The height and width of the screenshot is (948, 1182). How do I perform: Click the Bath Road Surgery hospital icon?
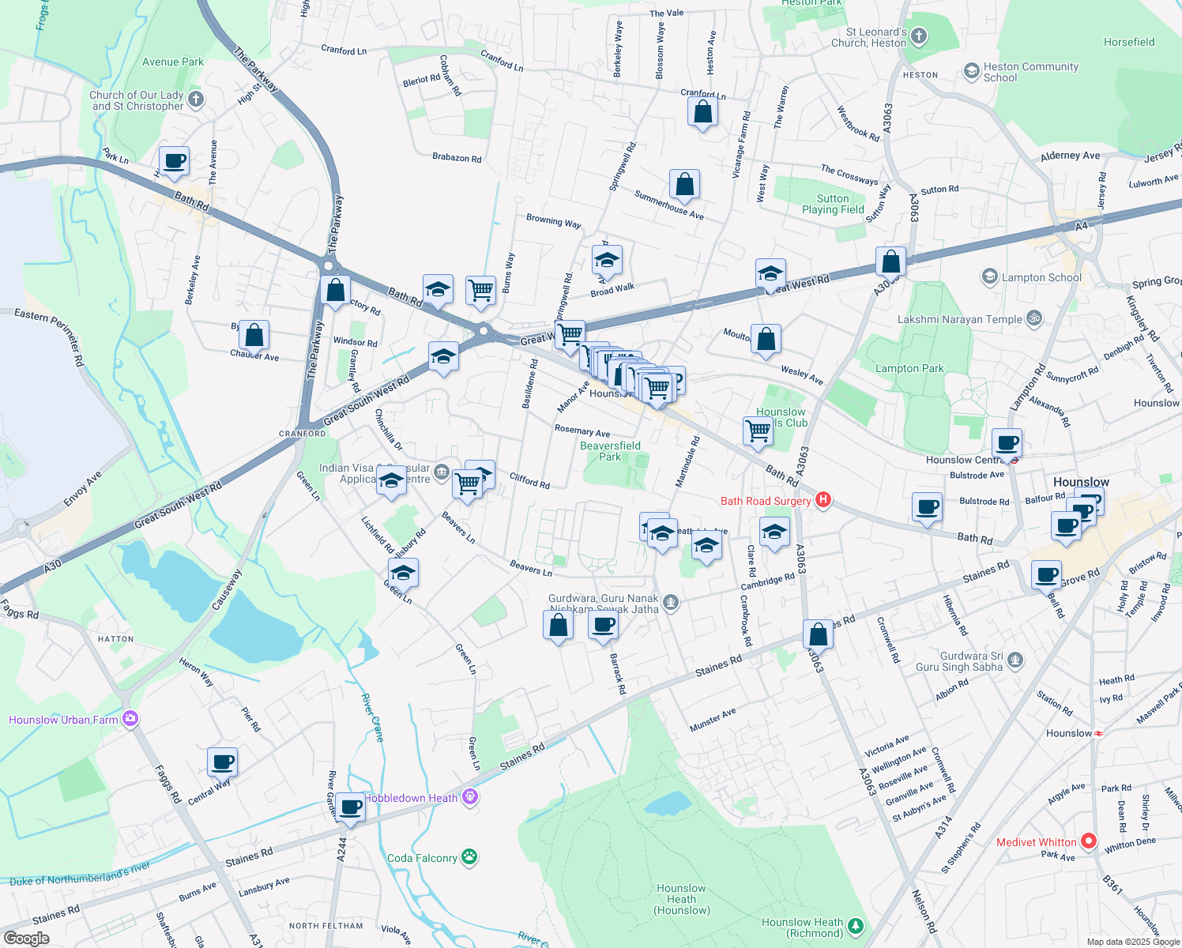(x=823, y=500)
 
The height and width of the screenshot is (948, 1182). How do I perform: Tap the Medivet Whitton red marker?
(x=1089, y=841)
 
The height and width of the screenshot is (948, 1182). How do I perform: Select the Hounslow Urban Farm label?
(x=63, y=720)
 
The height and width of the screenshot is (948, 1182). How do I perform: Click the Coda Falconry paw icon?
(x=469, y=857)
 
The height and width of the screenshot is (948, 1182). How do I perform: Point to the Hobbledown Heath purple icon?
(x=470, y=797)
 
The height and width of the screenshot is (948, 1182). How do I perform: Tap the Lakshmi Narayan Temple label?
(x=960, y=319)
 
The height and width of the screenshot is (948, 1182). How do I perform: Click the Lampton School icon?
(x=989, y=277)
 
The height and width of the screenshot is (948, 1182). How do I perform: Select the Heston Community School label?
(x=1030, y=72)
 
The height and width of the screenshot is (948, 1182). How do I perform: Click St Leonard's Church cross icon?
(x=918, y=36)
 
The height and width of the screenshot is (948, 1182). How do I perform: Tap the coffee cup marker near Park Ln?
(x=175, y=161)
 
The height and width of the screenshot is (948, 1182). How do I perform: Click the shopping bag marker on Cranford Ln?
(x=702, y=112)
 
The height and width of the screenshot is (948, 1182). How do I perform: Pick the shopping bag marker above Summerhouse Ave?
(x=684, y=184)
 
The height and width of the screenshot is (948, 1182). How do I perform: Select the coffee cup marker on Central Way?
(x=223, y=762)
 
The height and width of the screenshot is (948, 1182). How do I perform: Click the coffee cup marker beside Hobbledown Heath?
(x=350, y=807)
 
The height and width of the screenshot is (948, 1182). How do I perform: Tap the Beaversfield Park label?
(x=610, y=451)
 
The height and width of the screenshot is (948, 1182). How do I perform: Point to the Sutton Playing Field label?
(x=833, y=204)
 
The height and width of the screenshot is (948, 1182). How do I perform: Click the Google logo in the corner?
(x=26, y=939)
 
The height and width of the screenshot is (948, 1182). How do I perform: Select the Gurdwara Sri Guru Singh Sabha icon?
(x=1016, y=660)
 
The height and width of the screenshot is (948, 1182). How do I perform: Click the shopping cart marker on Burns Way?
(x=480, y=291)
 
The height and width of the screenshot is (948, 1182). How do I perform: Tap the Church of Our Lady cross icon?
(x=196, y=100)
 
